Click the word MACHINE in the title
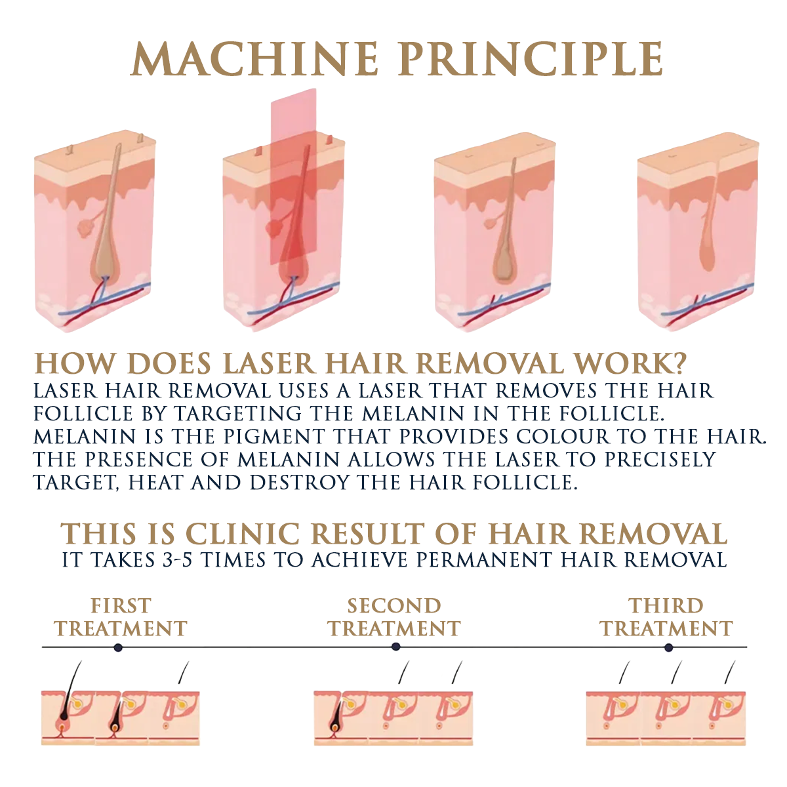254,59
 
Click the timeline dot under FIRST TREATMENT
118,647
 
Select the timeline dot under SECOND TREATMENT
395,647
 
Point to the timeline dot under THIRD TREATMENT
668,647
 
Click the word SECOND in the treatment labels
393,606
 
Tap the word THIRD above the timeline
666,606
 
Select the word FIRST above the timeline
121,606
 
